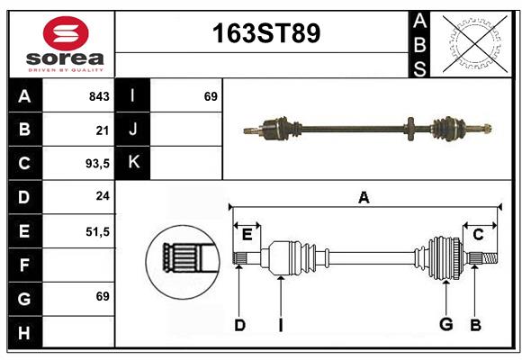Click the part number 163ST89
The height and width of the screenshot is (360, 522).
[265, 33]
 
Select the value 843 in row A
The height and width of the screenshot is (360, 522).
[98, 96]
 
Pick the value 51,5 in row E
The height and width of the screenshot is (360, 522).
[96, 231]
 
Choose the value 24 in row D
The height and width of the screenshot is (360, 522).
[102, 197]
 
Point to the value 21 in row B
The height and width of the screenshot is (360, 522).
[102, 130]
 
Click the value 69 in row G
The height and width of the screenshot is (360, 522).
[102, 296]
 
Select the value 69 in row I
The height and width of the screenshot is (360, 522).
[211, 95]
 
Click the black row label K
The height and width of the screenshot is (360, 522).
[133, 163]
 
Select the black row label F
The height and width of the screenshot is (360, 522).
[24, 265]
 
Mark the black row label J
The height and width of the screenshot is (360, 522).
[133, 130]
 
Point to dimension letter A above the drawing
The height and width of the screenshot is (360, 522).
[364, 197]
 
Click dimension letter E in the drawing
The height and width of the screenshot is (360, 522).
[247, 235]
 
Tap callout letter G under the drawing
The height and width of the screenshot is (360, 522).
[445, 324]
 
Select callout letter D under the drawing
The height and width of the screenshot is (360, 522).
[239, 324]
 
